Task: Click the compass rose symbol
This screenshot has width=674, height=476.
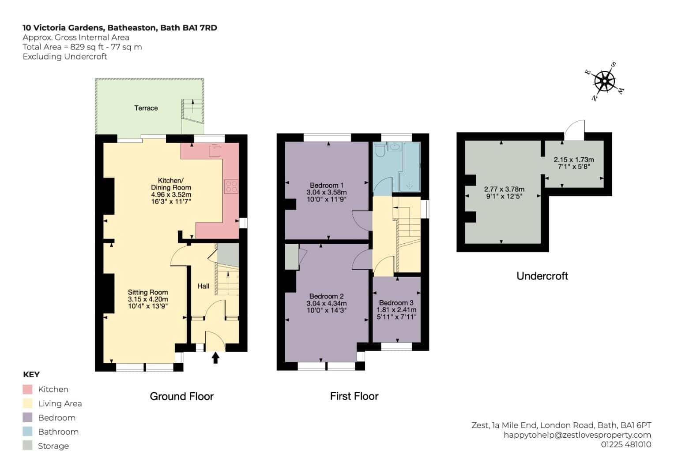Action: (x=604, y=82)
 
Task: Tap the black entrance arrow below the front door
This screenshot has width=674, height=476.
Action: (x=215, y=358)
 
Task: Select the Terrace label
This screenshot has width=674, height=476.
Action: (x=146, y=108)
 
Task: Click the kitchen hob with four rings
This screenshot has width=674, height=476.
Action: (x=231, y=186)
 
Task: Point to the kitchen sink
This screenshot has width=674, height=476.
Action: (x=215, y=151)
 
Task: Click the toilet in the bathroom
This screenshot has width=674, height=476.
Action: (x=380, y=150)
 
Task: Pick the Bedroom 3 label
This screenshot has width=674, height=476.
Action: (x=396, y=303)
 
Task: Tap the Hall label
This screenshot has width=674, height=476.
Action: (x=203, y=286)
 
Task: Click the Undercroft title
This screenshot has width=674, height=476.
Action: (x=542, y=276)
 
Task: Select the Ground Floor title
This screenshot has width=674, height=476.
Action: (x=182, y=396)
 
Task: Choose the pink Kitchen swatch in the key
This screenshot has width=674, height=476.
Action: (x=27, y=389)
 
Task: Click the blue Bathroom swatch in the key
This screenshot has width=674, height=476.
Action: (x=27, y=431)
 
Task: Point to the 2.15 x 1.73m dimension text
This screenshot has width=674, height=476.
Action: (x=574, y=160)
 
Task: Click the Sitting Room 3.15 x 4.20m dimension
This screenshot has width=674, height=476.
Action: (x=148, y=299)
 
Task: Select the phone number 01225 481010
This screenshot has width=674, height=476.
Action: (x=626, y=444)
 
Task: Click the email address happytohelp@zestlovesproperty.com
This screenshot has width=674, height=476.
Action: (x=577, y=435)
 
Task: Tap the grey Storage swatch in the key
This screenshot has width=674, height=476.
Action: (x=27, y=446)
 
